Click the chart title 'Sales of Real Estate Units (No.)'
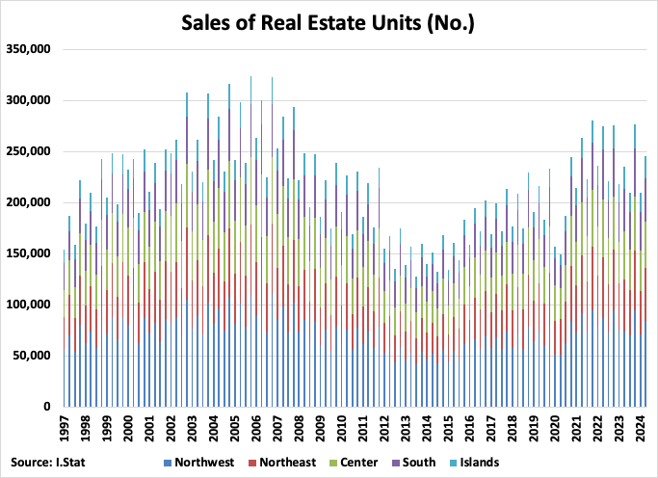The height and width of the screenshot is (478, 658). pos(328,22)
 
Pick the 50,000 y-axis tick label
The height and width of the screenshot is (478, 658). pos(34,356)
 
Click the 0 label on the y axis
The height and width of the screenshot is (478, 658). pos(51,407)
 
